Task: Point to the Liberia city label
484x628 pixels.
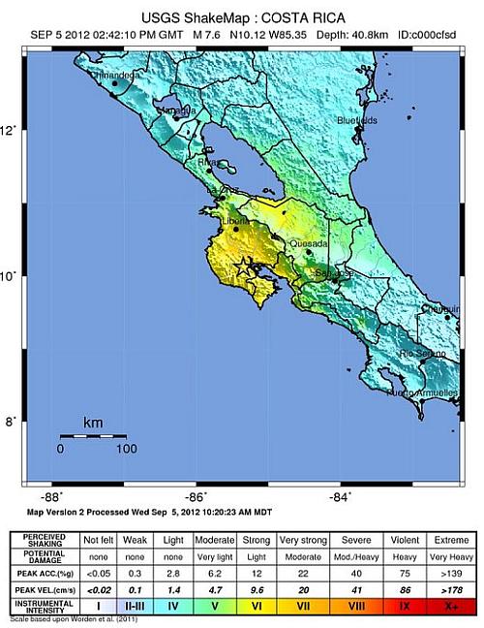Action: (235, 222)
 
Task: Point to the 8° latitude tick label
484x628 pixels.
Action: (9, 422)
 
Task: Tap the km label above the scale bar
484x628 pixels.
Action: (93, 424)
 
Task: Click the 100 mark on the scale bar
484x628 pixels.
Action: (125, 449)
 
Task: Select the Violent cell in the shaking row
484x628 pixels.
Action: (405, 538)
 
